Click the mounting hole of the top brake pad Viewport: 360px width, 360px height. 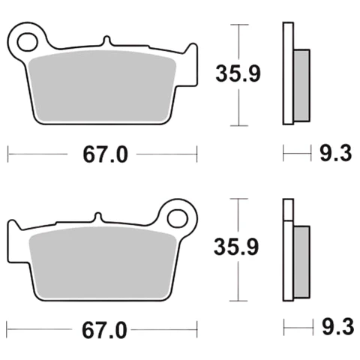(x=28, y=42)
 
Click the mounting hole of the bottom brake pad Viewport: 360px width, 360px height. (x=178, y=219)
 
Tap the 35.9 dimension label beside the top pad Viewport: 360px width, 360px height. (x=238, y=73)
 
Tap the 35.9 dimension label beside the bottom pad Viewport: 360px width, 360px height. (x=236, y=247)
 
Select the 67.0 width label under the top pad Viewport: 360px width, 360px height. (x=105, y=154)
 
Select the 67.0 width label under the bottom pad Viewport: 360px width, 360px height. (x=104, y=331)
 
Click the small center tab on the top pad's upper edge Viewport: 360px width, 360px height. (x=106, y=40)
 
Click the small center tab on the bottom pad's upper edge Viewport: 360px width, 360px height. (x=98, y=217)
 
